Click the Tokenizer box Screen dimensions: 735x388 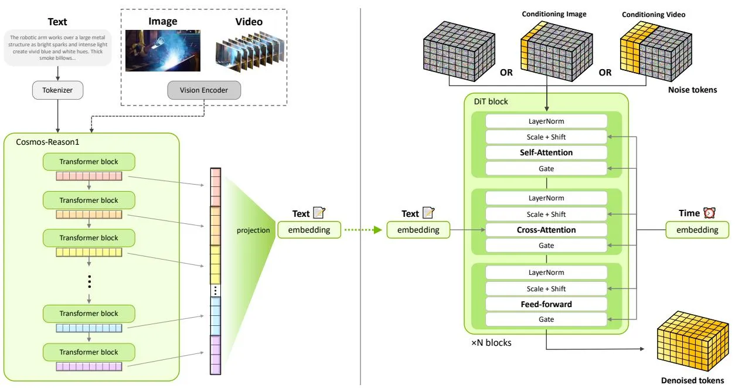57,90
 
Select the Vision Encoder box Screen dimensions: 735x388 204,90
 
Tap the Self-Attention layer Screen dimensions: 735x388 546,152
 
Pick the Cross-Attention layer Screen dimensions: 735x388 546,230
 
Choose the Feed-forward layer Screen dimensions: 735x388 546,304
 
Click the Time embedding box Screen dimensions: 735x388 697,230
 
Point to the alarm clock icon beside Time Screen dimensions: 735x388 709,213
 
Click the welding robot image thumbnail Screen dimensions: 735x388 163,50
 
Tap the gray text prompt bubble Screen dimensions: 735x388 57,48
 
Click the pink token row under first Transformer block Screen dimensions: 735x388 89,176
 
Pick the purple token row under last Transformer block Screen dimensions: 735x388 89,367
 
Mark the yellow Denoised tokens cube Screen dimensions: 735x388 692,341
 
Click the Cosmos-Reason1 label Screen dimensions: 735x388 47,142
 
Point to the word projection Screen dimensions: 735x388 253,230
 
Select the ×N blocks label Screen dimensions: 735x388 491,343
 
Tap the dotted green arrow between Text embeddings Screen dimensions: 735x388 363,230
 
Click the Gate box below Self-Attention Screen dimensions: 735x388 546,169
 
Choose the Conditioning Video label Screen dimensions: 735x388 654,15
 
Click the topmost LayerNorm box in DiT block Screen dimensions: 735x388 546,121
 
